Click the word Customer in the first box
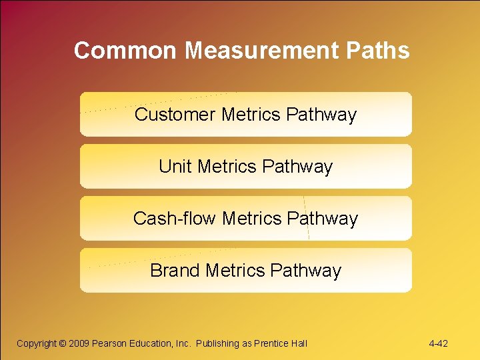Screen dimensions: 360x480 pyautogui.click(x=175, y=115)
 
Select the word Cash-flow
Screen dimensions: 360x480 pyautogui.click(x=175, y=219)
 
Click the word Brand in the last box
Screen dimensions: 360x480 pyautogui.click(x=175, y=271)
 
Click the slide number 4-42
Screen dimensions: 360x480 pyautogui.click(x=438, y=343)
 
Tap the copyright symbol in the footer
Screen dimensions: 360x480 pyautogui.click(x=63, y=343)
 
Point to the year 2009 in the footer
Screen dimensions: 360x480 pyautogui.click(x=79, y=343)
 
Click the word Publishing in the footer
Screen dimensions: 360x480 pyautogui.click(x=218, y=343)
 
